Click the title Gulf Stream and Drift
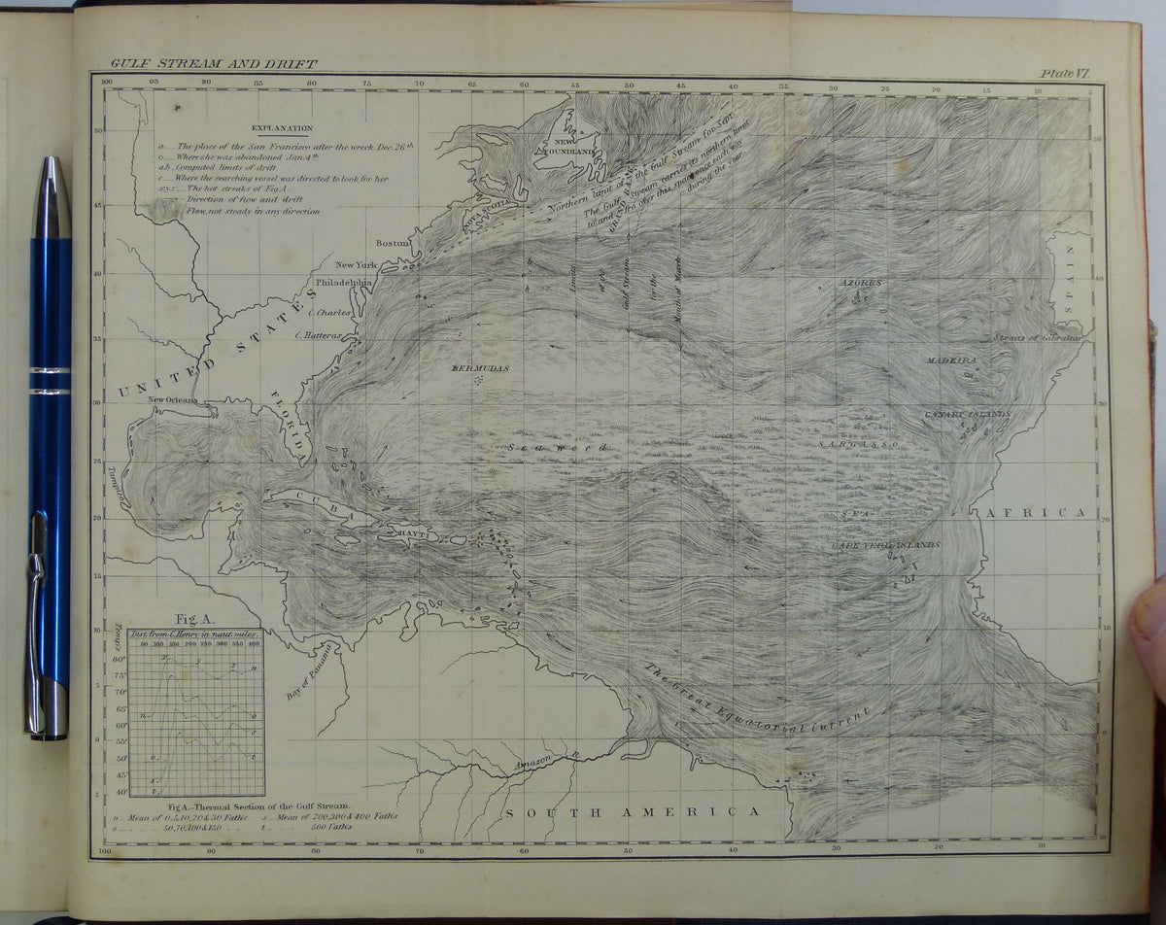[x=213, y=64]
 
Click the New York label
[x=356, y=265]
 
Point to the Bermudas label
[x=480, y=368]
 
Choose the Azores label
[x=862, y=283]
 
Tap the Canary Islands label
[x=967, y=415]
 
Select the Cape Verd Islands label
[x=885, y=546]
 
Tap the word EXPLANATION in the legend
[x=282, y=127]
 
